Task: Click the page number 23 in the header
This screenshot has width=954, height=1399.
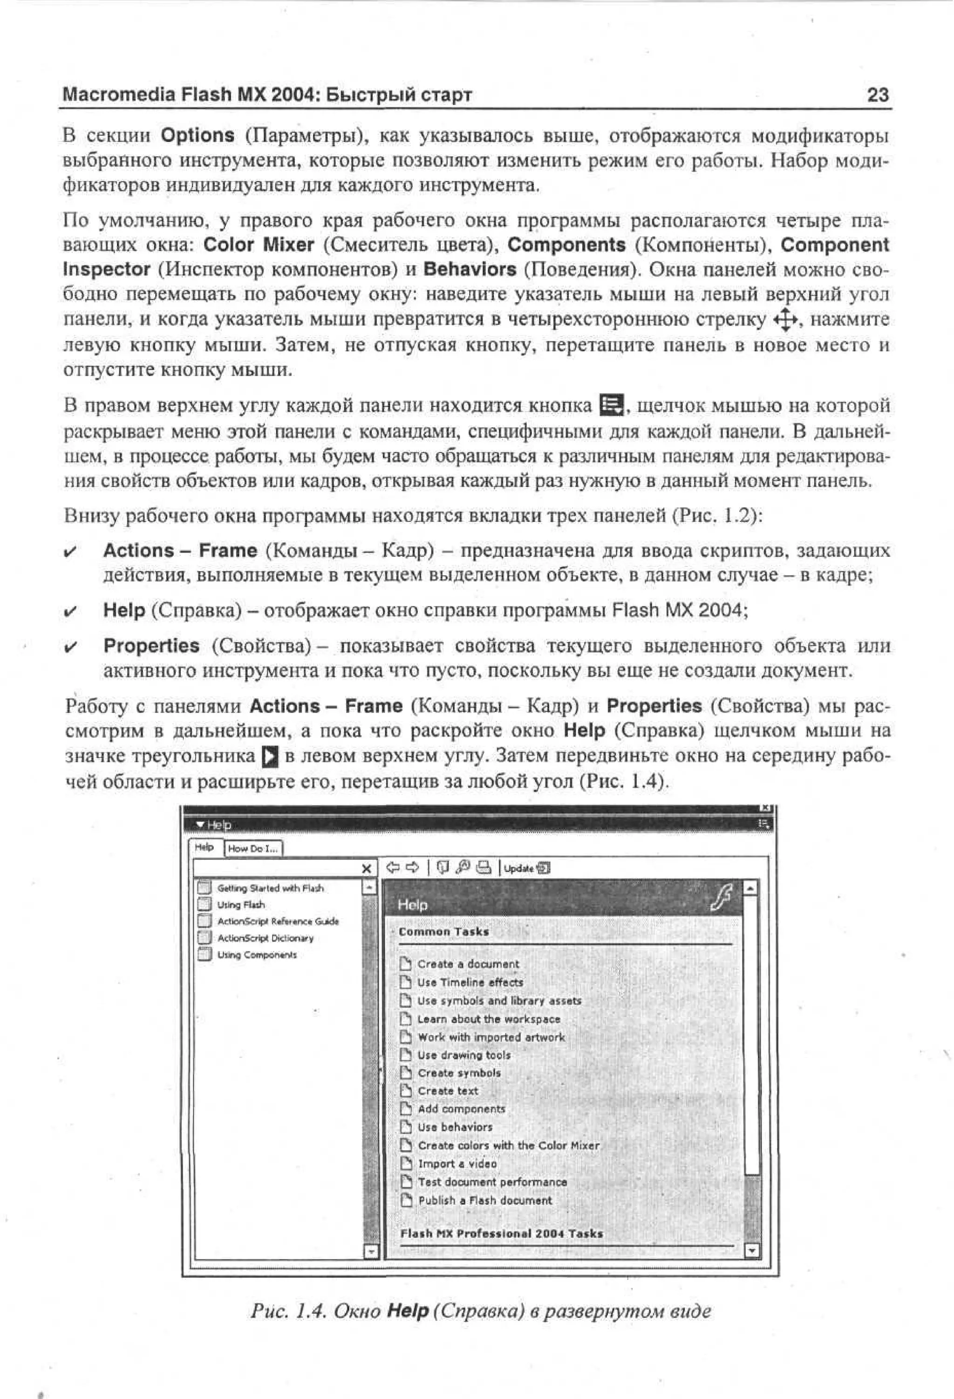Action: coord(878,95)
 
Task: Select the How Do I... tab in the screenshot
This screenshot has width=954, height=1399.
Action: coord(253,849)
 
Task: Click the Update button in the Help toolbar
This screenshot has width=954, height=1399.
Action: coord(526,868)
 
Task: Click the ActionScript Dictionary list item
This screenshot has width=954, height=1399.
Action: coord(266,938)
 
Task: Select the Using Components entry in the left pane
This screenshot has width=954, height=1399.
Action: coord(257,955)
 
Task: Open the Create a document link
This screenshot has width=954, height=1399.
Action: coord(468,964)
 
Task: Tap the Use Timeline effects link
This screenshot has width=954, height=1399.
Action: coord(470,983)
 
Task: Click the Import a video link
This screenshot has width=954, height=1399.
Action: coord(457,1164)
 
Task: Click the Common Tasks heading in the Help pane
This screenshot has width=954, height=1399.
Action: coord(443,932)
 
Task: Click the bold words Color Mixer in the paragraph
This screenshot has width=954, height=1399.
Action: coord(259,245)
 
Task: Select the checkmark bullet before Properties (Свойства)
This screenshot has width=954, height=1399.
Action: coord(70,647)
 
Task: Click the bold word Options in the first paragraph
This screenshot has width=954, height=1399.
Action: coord(198,136)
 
